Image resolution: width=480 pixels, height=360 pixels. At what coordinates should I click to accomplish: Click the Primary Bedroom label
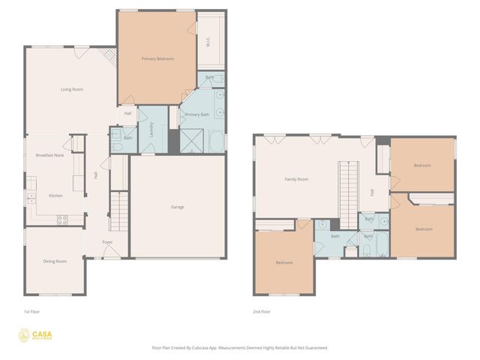click(158, 58)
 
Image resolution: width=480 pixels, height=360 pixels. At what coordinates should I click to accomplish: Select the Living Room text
click(72, 89)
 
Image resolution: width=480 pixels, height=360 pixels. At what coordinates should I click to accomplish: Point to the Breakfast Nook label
click(49, 154)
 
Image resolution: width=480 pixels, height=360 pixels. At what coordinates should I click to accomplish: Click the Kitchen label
click(55, 195)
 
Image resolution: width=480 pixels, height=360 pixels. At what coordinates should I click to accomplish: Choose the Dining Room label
click(55, 261)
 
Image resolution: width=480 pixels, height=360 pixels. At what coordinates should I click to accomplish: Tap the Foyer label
click(108, 241)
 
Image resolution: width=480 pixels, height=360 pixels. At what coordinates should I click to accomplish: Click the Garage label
click(177, 207)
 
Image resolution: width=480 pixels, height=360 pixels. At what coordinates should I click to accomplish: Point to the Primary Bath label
click(197, 115)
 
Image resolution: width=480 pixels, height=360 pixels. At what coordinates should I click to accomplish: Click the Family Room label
click(296, 179)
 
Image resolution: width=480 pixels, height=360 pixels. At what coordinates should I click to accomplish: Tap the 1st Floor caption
click(31, 311)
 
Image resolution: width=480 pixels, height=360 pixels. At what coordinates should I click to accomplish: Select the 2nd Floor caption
click(262, 311)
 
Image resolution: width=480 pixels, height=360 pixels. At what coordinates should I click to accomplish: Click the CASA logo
click(37, 335)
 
